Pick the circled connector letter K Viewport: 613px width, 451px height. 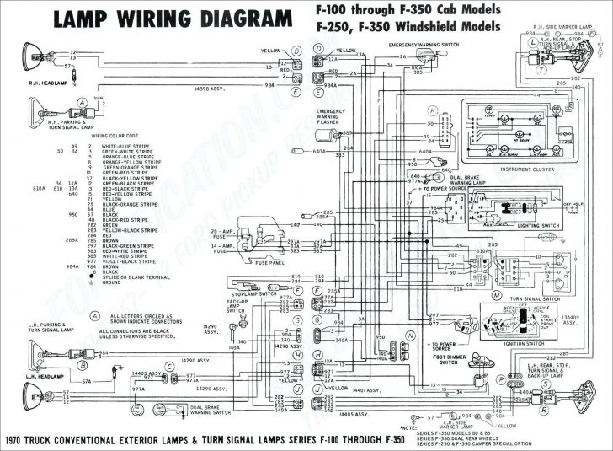433,110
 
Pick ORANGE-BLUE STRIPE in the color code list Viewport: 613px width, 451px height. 123,157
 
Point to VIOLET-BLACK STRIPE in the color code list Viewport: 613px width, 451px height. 124,262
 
